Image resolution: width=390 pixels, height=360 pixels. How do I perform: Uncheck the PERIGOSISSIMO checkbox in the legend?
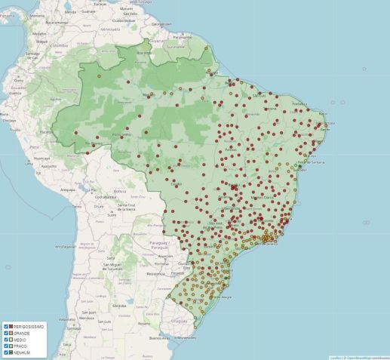pos(7,326)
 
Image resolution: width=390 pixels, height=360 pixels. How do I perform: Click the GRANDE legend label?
pos(22,333)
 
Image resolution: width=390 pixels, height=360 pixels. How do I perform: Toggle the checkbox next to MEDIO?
pos(7,340)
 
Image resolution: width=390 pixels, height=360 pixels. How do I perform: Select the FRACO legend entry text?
pos(21,346)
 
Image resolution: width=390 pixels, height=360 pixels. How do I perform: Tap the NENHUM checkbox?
pos(7,353)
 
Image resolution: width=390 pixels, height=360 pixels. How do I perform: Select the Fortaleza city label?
pos(300,103)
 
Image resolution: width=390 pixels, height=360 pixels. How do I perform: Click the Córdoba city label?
pos(118,306)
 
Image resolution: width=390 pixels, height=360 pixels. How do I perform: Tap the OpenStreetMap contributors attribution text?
pos(365,357)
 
